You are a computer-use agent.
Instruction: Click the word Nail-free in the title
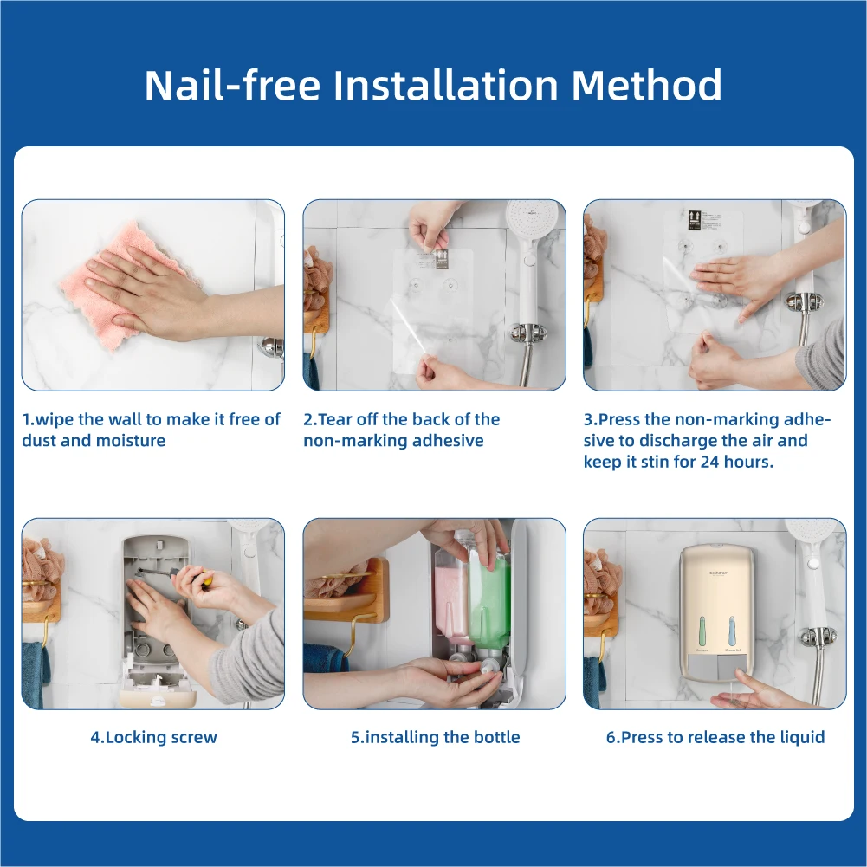(x=232, y=85)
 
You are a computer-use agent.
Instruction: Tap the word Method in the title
(x=646, y=85)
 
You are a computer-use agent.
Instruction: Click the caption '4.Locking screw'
(x=153, y=737)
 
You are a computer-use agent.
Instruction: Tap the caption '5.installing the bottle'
(x=435, y=737)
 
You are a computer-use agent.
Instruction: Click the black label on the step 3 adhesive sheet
(x=695, y=219)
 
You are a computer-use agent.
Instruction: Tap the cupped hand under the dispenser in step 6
(x=754, y=691)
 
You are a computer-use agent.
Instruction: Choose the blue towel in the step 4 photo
(x=36, y=675)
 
